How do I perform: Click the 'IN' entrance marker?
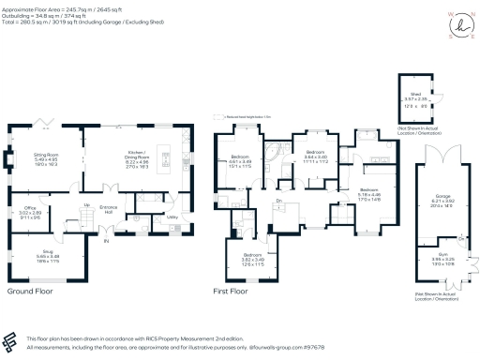106,242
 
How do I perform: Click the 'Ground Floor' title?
28,292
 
